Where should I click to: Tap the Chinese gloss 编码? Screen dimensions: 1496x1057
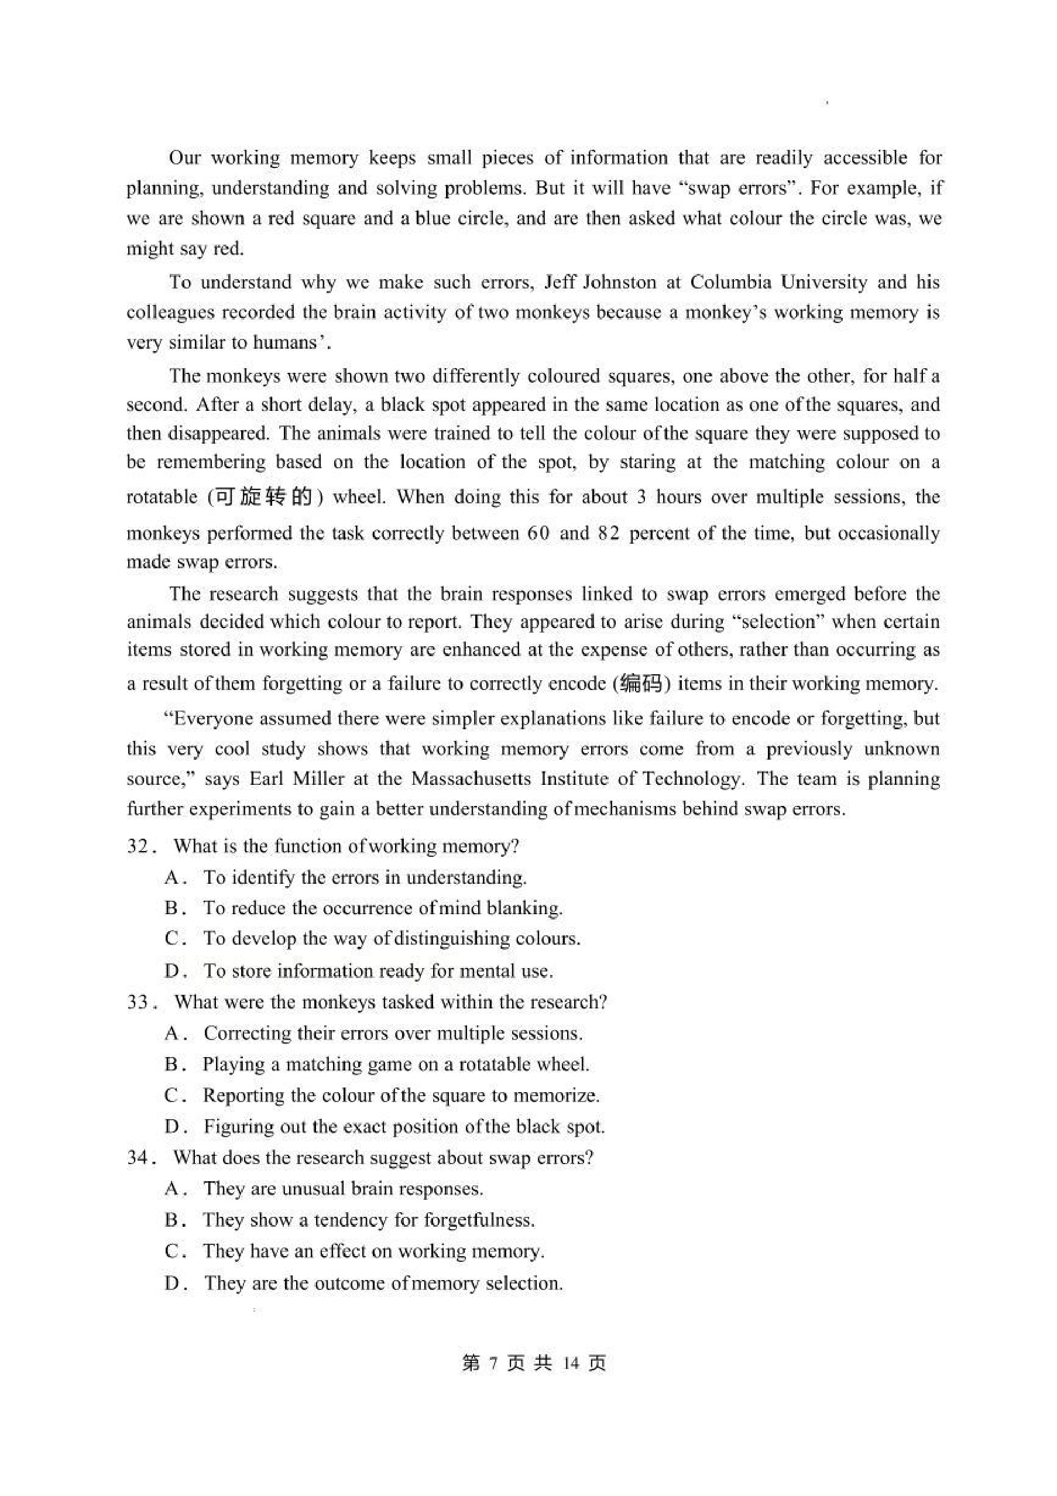click(641, 684)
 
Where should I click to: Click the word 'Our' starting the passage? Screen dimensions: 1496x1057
click(185, 159)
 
